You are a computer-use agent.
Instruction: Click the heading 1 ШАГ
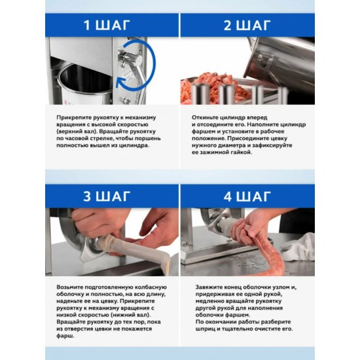107,26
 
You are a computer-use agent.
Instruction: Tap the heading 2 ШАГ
247,26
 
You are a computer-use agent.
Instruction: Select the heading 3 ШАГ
107,196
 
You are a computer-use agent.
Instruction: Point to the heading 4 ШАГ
247,196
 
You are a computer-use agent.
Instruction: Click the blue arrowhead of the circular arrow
120,82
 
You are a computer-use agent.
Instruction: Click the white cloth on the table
298,247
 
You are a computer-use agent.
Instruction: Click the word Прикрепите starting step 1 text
74,118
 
